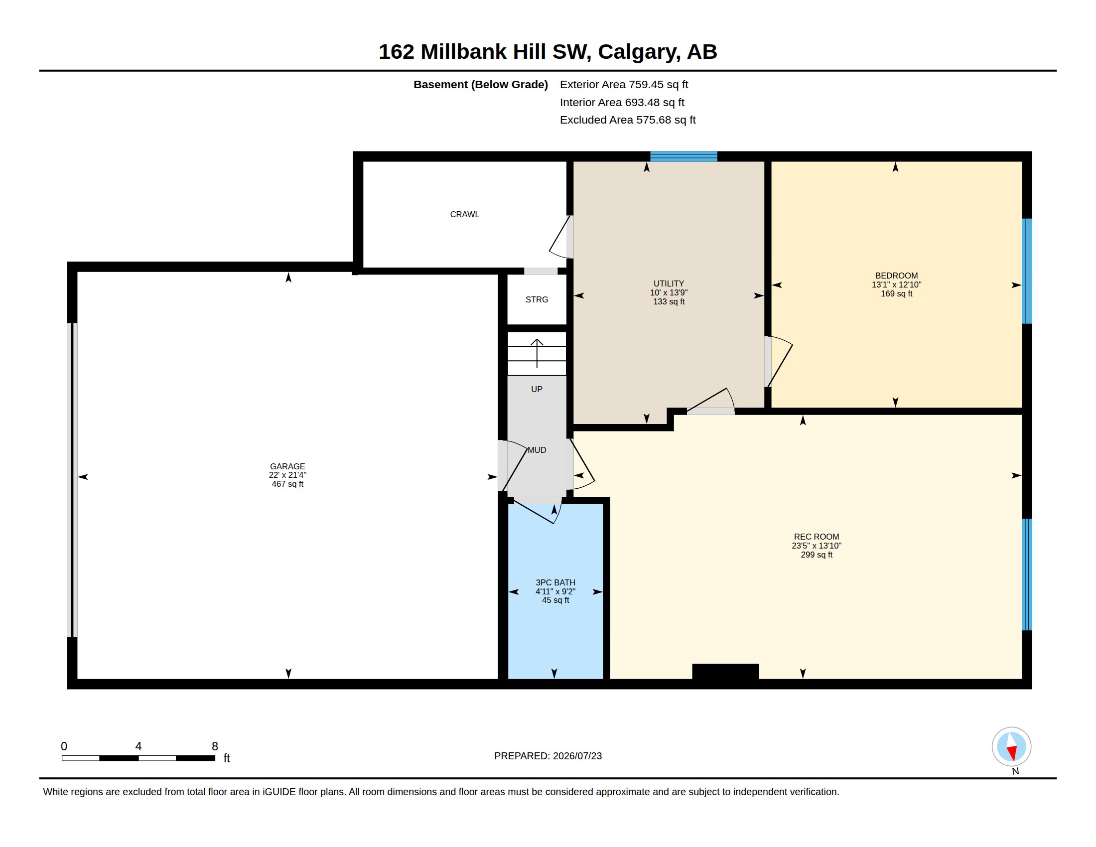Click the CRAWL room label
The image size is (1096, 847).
[464, 214]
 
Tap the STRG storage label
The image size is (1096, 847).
[537, 299]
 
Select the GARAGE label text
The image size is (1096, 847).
[287, 466]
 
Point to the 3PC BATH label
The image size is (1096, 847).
[555, 582]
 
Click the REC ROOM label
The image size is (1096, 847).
[816, 537]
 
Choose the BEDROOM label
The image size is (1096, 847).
[896, 276]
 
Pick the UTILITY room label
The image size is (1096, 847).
[669, 283]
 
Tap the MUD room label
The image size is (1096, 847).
[537, 450]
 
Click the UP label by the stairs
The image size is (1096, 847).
[537, 390]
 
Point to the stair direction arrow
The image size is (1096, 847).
[537, 353]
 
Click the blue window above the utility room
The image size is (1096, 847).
[684, 156]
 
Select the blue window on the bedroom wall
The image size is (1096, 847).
[1027, 271]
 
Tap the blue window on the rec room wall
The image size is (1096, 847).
[1027, 574]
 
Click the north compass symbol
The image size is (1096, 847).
[1011, 747]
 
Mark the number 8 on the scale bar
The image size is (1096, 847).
[215, 746]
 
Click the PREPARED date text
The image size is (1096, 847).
[548, 756]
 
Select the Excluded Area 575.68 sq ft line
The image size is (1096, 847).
[627, 120]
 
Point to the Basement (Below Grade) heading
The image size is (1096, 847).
[480, 84]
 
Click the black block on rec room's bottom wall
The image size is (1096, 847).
[725, 672]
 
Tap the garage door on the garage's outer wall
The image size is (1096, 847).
[72, 480]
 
